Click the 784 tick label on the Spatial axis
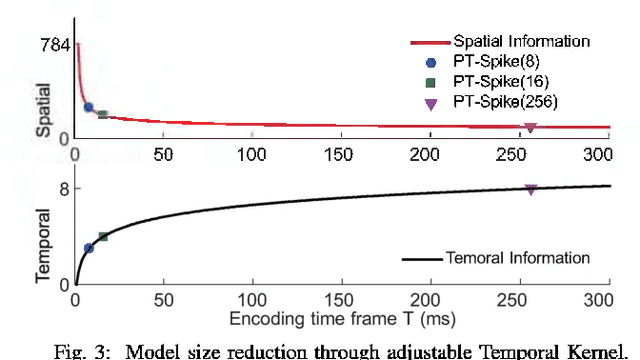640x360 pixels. [x=52, y=45]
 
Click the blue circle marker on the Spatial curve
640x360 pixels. [x=88, y=107]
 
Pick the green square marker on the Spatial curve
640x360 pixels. [x=102, y=115]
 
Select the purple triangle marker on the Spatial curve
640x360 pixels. [x=530, y=128]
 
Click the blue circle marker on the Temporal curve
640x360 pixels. [x=88, y=248]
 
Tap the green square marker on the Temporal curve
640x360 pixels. [x=102, y=237]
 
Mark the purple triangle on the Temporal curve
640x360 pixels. [x=530, y=189]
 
